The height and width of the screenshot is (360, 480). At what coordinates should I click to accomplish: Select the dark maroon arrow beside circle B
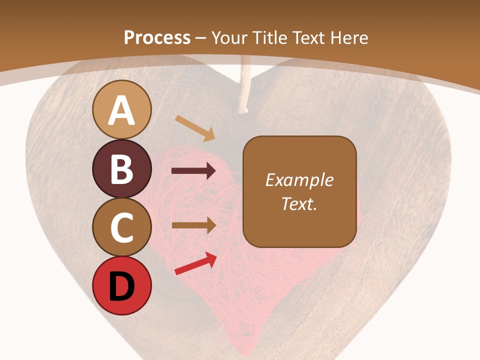(x=193, y=171)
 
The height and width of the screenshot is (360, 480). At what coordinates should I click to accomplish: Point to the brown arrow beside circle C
(x=193, y=225)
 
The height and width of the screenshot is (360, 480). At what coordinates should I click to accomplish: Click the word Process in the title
(x=157, y=37)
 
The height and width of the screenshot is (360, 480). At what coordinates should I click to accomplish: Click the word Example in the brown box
(x=299, y=180)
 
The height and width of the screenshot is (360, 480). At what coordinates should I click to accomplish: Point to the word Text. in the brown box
(x=299, y=203)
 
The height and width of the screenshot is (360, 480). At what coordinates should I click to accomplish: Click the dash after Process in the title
(x=201, y=38)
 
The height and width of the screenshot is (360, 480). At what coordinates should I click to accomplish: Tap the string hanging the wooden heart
(x=244, y=85)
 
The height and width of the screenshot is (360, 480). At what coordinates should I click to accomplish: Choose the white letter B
(x=122, y=169)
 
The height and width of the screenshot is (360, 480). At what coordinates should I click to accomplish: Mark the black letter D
(x=122, y=287)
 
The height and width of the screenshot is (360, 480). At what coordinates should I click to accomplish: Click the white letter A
(x=122, y=110)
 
